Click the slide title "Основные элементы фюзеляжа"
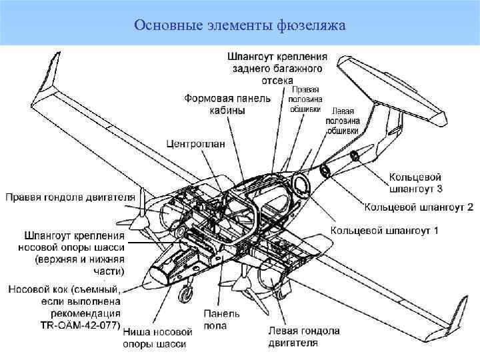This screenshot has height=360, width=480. point(239,25)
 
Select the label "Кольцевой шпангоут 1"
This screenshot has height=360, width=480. point(384,231)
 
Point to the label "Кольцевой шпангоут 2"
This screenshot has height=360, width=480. point(419,207)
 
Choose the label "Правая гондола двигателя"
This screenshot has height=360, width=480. point(70,197)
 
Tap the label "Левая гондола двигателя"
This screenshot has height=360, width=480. point(303,337)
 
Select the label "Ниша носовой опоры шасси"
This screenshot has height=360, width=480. point(157,337)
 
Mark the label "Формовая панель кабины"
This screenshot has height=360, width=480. point(227,104)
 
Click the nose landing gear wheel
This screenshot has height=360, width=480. point(184,292)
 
